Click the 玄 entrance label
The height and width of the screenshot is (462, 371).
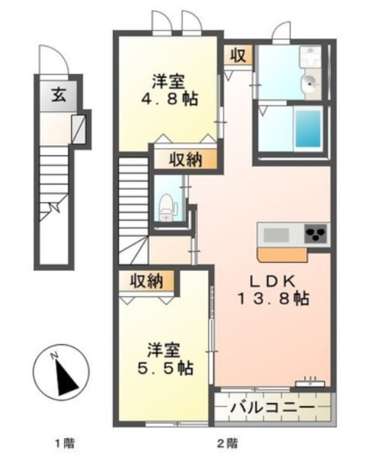click(59, 95)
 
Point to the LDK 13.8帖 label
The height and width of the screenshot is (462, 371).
click(273, 290)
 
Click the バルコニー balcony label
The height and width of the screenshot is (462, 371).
click(272, 407)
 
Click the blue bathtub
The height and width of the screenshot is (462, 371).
click(308, 127)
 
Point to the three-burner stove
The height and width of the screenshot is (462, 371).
click(316, 233)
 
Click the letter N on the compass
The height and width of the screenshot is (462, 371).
click(55, 355)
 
